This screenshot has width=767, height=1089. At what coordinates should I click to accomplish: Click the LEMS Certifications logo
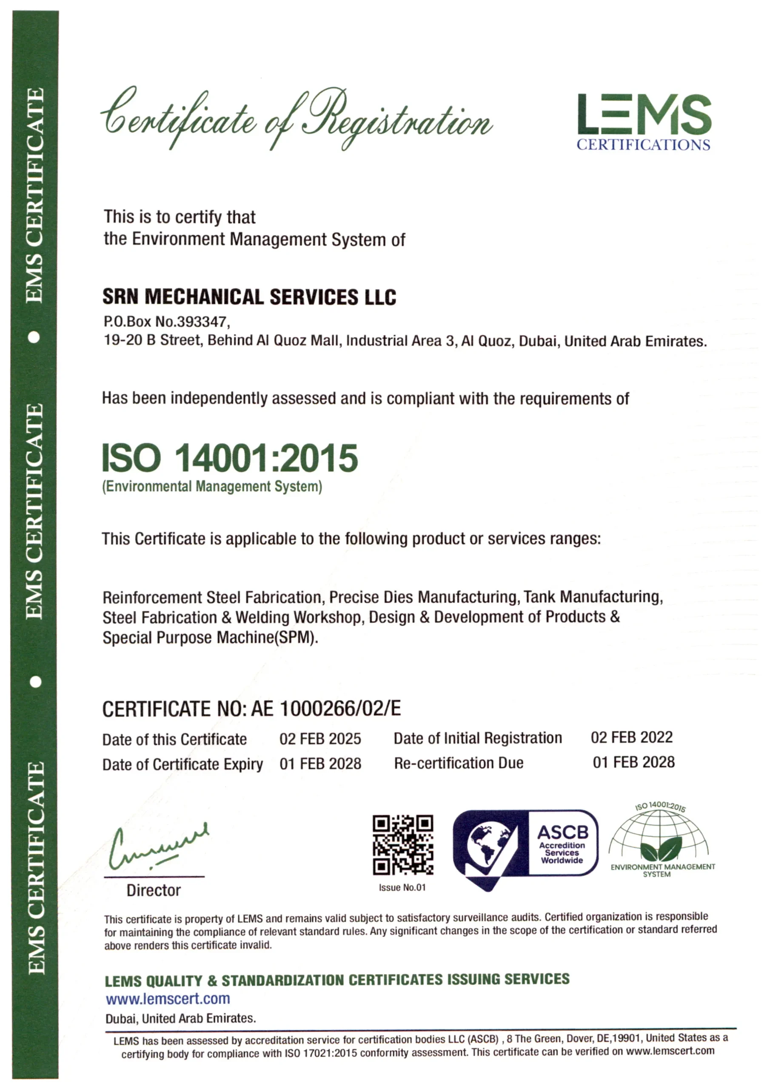click(x=644, y=121)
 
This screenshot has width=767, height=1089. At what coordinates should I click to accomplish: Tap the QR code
click(x=403, y=845)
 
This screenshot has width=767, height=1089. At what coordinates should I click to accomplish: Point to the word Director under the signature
click(x=153, y=890)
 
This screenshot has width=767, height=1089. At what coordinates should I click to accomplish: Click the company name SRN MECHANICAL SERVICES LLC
click(x=249, y=297)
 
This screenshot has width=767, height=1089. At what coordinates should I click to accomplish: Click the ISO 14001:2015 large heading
click(x=230, y=458)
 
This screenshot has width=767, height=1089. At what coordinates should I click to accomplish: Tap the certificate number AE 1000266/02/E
click(x=326, y=709)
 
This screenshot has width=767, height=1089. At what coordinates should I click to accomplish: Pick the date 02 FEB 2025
click(x=320, y=738)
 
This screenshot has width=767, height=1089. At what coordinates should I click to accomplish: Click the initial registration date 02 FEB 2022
click(x=631, y=737)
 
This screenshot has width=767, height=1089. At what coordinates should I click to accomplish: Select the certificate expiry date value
click(x=320, y=764)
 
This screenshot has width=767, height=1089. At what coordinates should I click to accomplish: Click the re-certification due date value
click(x=633, y=762)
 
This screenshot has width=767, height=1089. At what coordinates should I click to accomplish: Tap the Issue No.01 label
click(x=402, y=887)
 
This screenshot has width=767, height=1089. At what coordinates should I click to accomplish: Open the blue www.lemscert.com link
click(x=168, y=998)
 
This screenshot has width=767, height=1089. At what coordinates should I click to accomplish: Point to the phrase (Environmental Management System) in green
click(x=212, y=487)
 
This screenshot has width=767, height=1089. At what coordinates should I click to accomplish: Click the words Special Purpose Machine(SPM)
click(x=210, y=638)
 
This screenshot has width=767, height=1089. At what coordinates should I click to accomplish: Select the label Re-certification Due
click(x=459, y=763)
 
